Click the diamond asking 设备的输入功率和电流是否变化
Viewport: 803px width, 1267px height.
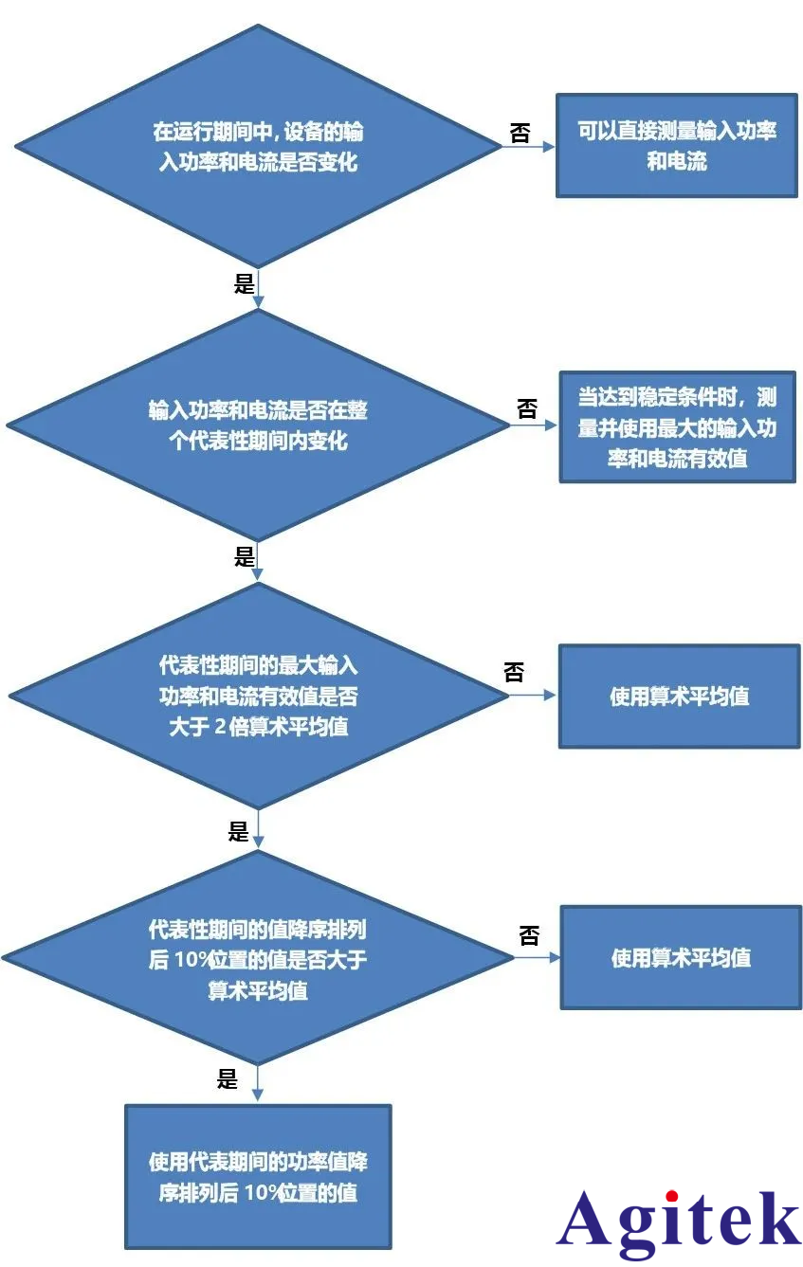(x=257, y=146)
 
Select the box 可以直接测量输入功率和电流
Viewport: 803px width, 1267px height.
(x=676, y=145)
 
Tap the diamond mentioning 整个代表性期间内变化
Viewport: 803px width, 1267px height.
(x=257, y=425)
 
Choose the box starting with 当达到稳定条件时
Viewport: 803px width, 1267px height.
(x=677, y=427)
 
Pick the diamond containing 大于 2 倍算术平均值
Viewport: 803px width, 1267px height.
(x=258, y=697)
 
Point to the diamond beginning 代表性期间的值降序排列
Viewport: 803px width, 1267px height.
(x=257, y=958)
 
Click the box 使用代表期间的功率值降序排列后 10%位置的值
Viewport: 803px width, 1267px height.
(x=258, y=1176)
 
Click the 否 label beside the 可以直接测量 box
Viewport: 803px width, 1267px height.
(x=520, y=133)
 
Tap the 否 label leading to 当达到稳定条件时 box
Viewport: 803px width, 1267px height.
(x=527, y=409)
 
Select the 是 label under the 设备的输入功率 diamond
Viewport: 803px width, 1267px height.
(x=244, y=283)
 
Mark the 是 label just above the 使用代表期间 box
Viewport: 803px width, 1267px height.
(x=228, y=1078)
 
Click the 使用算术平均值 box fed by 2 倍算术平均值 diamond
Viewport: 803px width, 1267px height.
(x=679, y=697)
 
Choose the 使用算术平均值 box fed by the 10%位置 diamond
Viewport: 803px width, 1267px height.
(x=681, y=957)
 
